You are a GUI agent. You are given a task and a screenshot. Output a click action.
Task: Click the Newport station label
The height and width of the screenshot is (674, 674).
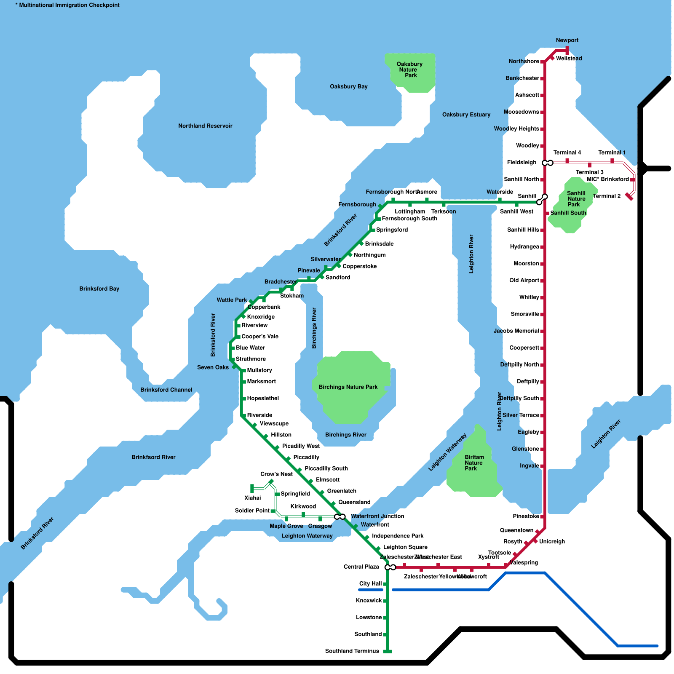[567, 40]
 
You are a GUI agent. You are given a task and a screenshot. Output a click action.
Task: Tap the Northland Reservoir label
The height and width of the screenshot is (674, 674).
[205, 126]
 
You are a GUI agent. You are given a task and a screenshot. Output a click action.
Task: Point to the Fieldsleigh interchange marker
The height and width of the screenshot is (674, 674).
[548, 163]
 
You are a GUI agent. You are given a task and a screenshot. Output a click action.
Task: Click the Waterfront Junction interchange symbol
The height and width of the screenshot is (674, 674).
[340, 516]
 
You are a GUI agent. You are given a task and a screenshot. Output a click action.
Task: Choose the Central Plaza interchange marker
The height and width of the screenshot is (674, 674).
[390, 567]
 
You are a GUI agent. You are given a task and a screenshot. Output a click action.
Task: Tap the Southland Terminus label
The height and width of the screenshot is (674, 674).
[352, 651]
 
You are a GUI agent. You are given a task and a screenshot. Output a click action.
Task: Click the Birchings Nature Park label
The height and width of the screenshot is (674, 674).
[348, 387]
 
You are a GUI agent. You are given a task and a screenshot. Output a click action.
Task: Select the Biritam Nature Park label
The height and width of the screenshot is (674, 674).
[474, 463]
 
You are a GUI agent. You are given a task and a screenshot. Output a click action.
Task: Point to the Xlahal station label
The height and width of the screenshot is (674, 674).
[252, 498]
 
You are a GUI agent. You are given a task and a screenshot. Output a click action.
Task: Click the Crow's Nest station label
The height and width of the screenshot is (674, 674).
[276, 474]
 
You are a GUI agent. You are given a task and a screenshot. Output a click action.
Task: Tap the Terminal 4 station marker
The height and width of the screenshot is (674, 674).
[567, 160]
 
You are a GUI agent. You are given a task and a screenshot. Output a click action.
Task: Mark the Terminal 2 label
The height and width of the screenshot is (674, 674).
[607, 196]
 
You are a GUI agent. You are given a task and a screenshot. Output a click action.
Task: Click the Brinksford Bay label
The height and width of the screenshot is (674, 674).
[99, 289]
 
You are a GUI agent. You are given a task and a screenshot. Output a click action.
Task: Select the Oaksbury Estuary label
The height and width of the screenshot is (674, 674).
[466, 115]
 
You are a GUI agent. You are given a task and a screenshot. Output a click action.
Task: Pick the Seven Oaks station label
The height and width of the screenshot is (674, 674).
[213, 367]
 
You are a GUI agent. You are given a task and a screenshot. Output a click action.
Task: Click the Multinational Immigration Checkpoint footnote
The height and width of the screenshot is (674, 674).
[67, 5]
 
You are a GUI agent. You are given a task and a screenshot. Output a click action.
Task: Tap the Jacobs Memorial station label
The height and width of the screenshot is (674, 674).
[516, 331]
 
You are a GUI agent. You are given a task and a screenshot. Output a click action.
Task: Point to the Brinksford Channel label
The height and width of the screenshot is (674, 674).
[166, 390]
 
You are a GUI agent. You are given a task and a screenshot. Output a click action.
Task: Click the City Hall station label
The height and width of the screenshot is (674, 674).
[370, 584]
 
